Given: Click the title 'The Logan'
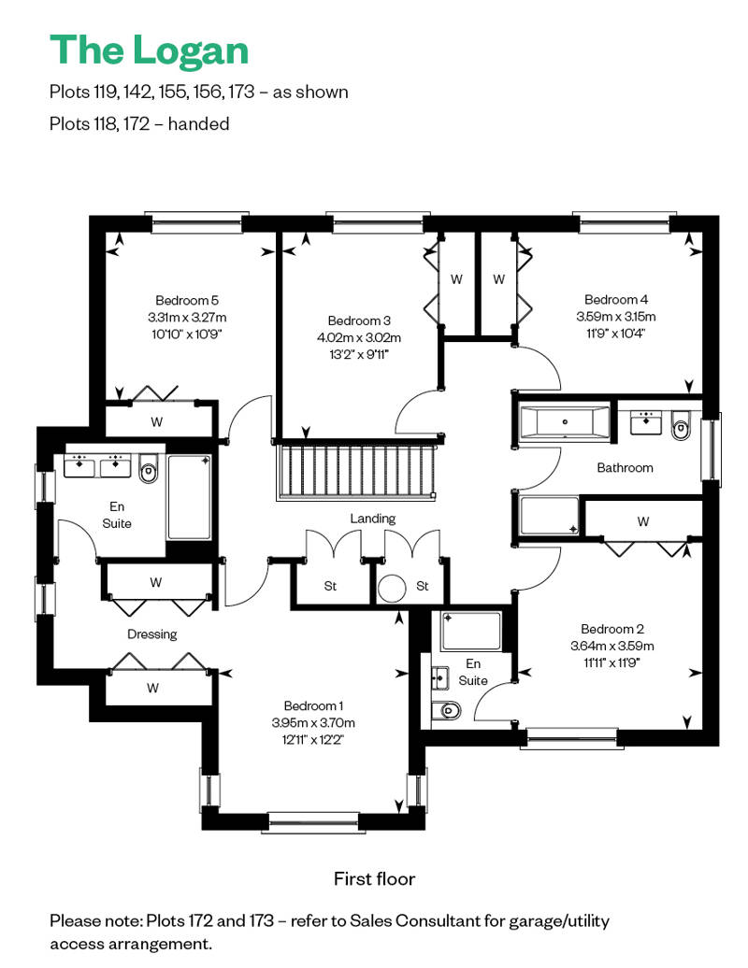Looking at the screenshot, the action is (149, 51).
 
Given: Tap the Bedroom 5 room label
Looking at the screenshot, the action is (187, 301).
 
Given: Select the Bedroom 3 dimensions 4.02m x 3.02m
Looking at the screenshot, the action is (359, 337).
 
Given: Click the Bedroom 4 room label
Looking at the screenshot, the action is (616, 299).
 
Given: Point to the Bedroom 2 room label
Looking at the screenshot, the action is (612, 629).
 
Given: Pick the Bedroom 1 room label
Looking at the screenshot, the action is (313, 705).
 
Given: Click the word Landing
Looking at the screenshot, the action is (372, 519).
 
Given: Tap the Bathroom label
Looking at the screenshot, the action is (625, 468).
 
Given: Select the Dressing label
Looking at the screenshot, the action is (152, 634).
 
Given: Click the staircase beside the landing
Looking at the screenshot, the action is (356, 470).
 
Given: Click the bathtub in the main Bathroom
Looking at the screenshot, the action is (565, 423).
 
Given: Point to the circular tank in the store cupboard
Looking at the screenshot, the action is (392, 589).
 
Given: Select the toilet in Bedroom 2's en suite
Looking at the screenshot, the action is (447, 710).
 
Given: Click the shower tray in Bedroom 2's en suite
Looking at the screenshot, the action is (471, 631).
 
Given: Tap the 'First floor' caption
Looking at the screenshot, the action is (374, 878).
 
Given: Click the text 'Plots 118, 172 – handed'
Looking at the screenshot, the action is (139, 124).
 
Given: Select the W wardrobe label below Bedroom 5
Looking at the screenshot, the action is (157, 422).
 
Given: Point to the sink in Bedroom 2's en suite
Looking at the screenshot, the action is (440, 677).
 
